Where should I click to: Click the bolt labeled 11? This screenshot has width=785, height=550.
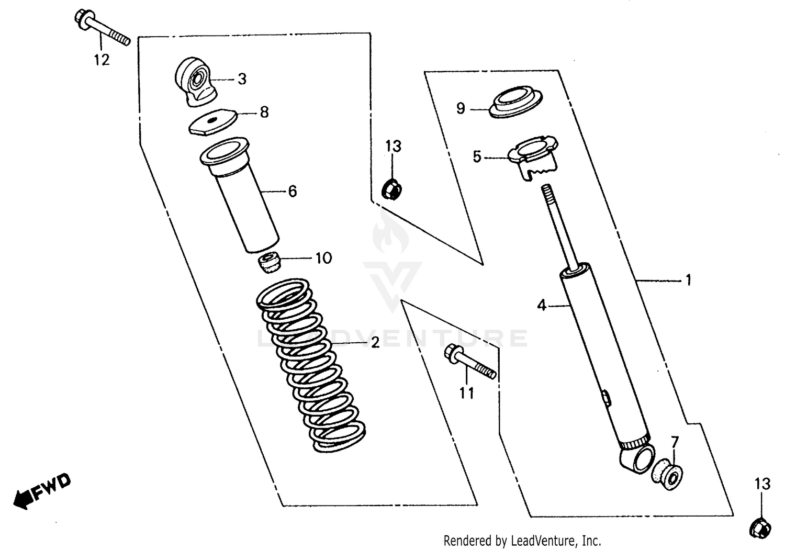click(468, 362)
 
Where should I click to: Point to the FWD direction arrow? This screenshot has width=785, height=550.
click(42, 491)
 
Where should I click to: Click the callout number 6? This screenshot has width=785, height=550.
click(292, 192)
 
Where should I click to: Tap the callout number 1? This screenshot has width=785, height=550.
click(689, 280)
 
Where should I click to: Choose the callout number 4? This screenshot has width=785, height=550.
click(542, 305)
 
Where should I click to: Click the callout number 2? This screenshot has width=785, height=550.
click(375, 343)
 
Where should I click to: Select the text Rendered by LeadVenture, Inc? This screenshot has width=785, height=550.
click(522, 540)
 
